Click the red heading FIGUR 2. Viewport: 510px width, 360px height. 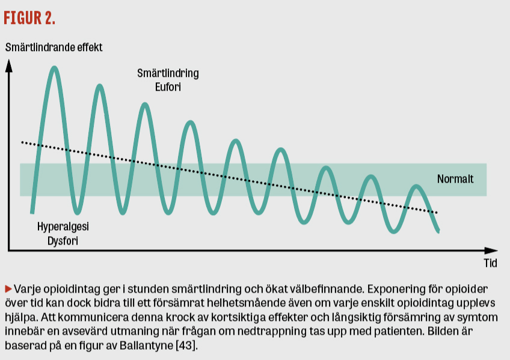(29, 18)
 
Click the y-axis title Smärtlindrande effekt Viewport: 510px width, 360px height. (54, 47)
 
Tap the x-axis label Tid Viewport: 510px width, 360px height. (491, 263)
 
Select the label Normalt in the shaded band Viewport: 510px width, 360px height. (455, 178)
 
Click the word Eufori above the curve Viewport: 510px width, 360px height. (168, 87)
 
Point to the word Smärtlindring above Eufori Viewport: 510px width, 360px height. (168, 73)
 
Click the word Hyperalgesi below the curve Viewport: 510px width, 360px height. (63, 227)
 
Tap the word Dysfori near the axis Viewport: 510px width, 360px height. (63, 241)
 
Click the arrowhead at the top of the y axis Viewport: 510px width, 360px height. (9, 65)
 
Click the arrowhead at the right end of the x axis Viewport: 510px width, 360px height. (491, 251)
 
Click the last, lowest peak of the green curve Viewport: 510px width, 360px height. (416, 186)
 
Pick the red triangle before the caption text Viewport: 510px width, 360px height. (8, 288)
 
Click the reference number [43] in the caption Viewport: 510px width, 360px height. (186, 345)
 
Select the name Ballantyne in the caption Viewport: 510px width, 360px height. (146, 345)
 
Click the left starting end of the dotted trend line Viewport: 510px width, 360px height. (22, 142)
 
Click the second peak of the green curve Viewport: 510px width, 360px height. (99, 86)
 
